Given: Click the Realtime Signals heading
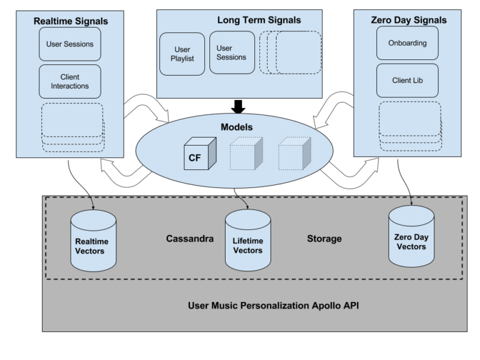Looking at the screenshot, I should (70, 21).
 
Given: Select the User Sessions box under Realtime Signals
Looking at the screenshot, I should (69, 44).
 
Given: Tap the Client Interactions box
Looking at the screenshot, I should (69, 81).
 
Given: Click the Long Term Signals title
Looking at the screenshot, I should (259, 20).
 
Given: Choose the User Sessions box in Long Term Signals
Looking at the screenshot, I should (232, 52).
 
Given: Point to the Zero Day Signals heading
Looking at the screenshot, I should (409, 20).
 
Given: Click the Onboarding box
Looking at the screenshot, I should (407, 43).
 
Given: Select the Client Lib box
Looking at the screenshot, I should (407, 81).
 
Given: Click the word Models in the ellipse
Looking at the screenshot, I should (237, 127).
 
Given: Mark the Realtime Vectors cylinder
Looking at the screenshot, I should (94, 241).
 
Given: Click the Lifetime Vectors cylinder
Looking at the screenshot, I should (247, 241).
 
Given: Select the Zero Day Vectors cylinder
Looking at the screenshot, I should (411, 237).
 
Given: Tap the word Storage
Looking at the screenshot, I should (324, 239).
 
